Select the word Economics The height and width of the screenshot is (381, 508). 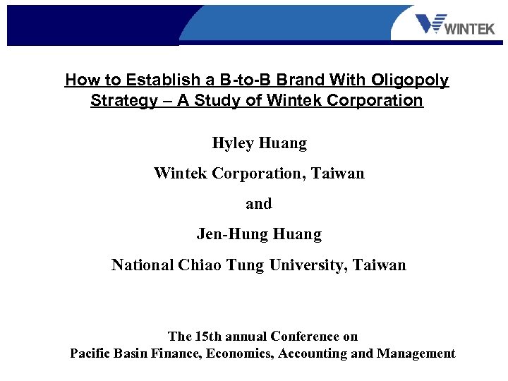[240, 354]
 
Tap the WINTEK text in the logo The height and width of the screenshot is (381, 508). [471, 29]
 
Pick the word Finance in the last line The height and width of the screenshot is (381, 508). [176, 354]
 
